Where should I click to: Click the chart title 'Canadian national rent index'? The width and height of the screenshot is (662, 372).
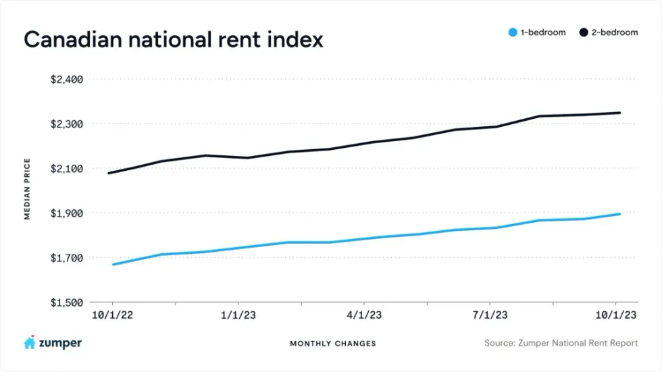(x=174, y=39)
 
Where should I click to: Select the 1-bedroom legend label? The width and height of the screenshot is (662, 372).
(x=543, y=32)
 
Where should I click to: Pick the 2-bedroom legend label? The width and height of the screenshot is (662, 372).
(x=615, y=32)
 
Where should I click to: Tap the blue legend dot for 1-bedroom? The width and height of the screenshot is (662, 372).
(x=513, y=32)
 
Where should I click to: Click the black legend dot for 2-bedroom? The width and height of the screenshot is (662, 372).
(x=584, y=32)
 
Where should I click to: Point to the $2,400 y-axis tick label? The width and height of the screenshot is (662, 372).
(x=66, y=80)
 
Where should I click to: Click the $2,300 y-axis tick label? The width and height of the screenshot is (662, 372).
(x=66, y=124)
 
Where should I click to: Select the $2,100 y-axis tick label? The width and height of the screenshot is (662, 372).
(x=66, y=169)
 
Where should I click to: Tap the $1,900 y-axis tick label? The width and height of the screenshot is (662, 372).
(x=66, y=213)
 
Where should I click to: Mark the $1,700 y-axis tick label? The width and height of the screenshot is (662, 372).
(x=66, y=258)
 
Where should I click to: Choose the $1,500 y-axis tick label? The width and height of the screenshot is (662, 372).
(x=66, y=302)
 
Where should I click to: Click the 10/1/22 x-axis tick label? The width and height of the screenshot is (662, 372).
(x=111, y=315)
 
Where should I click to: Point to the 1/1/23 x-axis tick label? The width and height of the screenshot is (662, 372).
(x=238, y=315)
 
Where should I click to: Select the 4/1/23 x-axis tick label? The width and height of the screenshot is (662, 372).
(x=364, y=315)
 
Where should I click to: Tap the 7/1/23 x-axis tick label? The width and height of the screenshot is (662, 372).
(x=490, y=315)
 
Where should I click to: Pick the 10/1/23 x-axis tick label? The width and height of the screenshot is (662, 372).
(x=615, y=315)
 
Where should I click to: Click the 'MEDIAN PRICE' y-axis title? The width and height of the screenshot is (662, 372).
(x=28, y=189)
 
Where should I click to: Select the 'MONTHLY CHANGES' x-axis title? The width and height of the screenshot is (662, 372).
(x=333, y=344)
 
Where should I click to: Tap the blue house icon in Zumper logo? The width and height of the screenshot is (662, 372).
(x=30, y=342)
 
